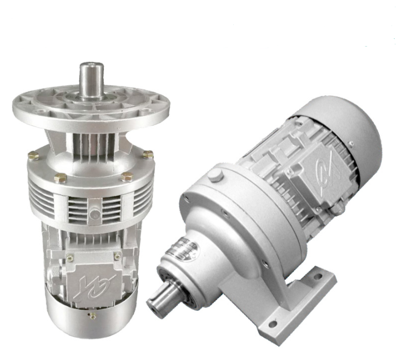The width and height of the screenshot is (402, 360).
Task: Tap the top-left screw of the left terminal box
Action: pyautogui.click(x=70, y=257)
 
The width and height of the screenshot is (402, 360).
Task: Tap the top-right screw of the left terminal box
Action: pyautogui.click(x=117, y=256)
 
